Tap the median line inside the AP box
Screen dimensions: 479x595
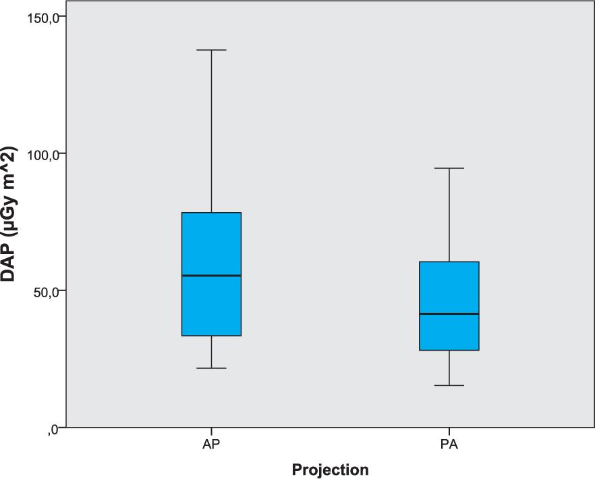212,276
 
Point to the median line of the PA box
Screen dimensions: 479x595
449,314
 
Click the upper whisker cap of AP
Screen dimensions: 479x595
212,50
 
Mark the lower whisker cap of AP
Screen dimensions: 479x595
212,368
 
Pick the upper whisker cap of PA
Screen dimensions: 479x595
449,168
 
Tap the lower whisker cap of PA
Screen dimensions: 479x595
449,385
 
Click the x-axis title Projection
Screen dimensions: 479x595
331,470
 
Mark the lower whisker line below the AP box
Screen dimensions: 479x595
212,352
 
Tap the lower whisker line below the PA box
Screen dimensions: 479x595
449,368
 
